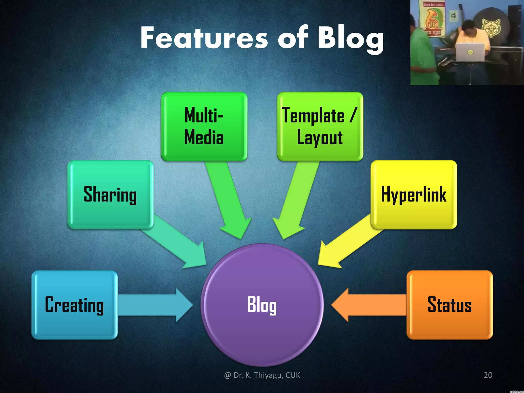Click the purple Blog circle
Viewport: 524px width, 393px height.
pos(262,304)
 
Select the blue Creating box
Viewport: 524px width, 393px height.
pos(74,304)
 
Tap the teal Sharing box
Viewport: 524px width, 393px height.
pos(110,194)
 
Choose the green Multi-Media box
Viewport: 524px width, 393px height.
pos(204,126)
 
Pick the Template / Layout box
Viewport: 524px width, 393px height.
pos(320,126)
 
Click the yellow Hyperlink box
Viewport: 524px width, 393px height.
pos(413,194)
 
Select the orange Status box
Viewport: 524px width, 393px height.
pos(450,304)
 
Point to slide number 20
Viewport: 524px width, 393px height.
pos(488,375)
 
